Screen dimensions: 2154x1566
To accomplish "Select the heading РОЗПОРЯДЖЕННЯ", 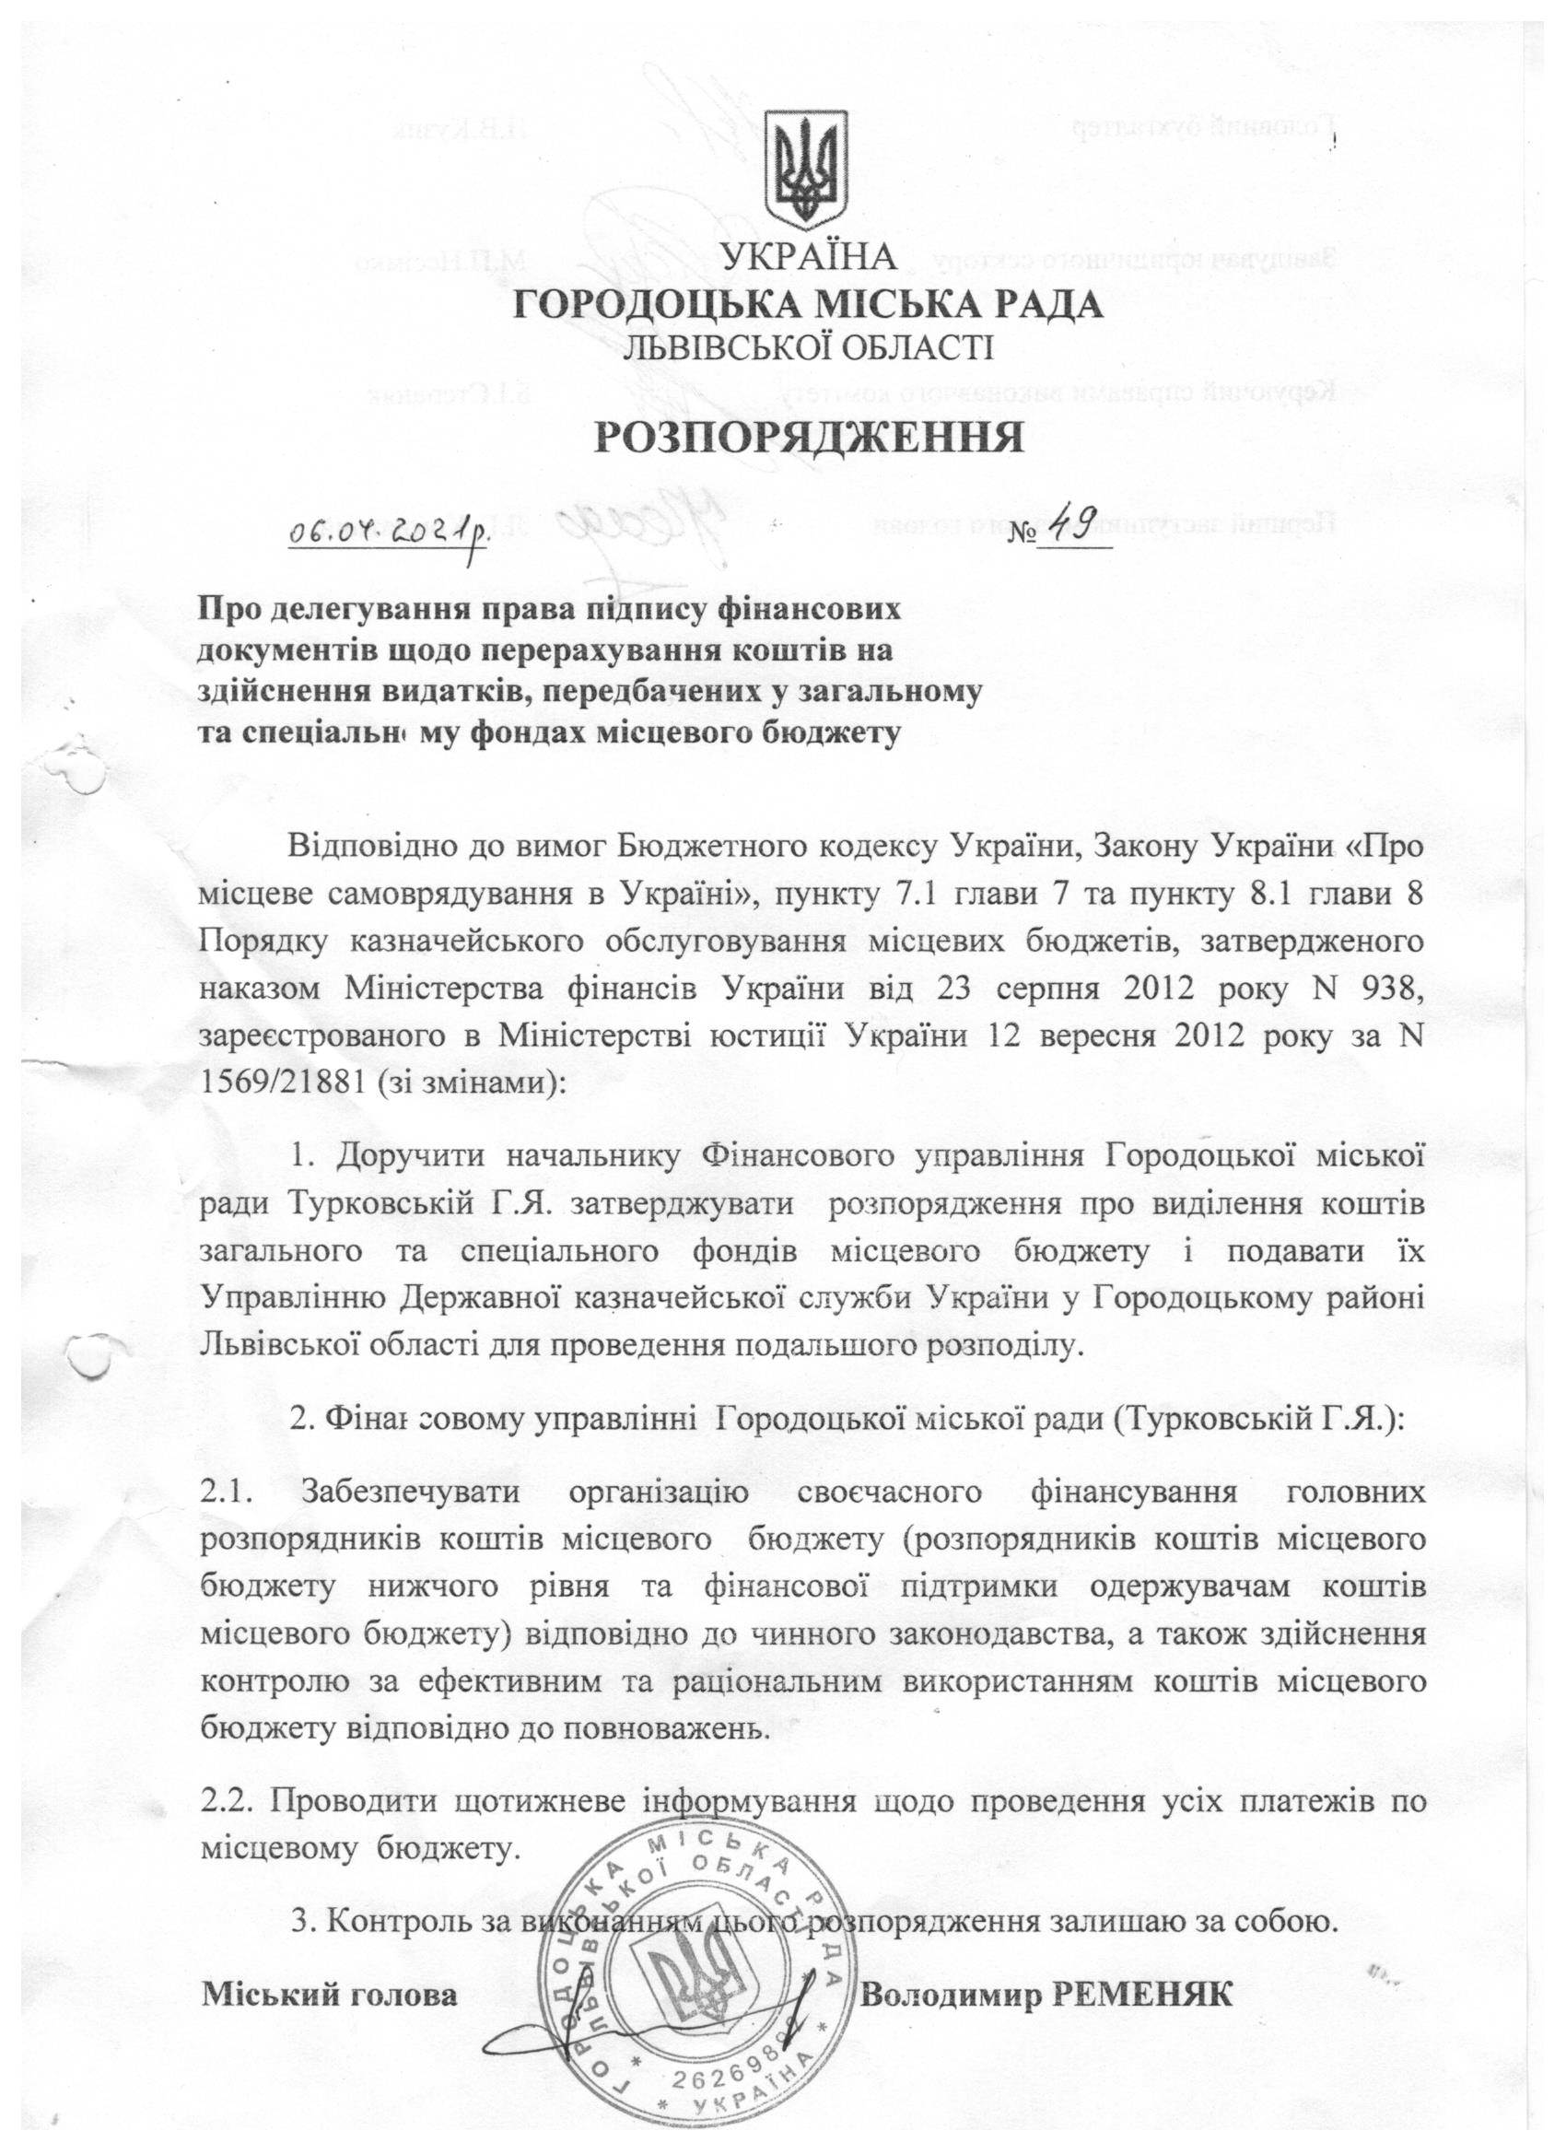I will point(808,439).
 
